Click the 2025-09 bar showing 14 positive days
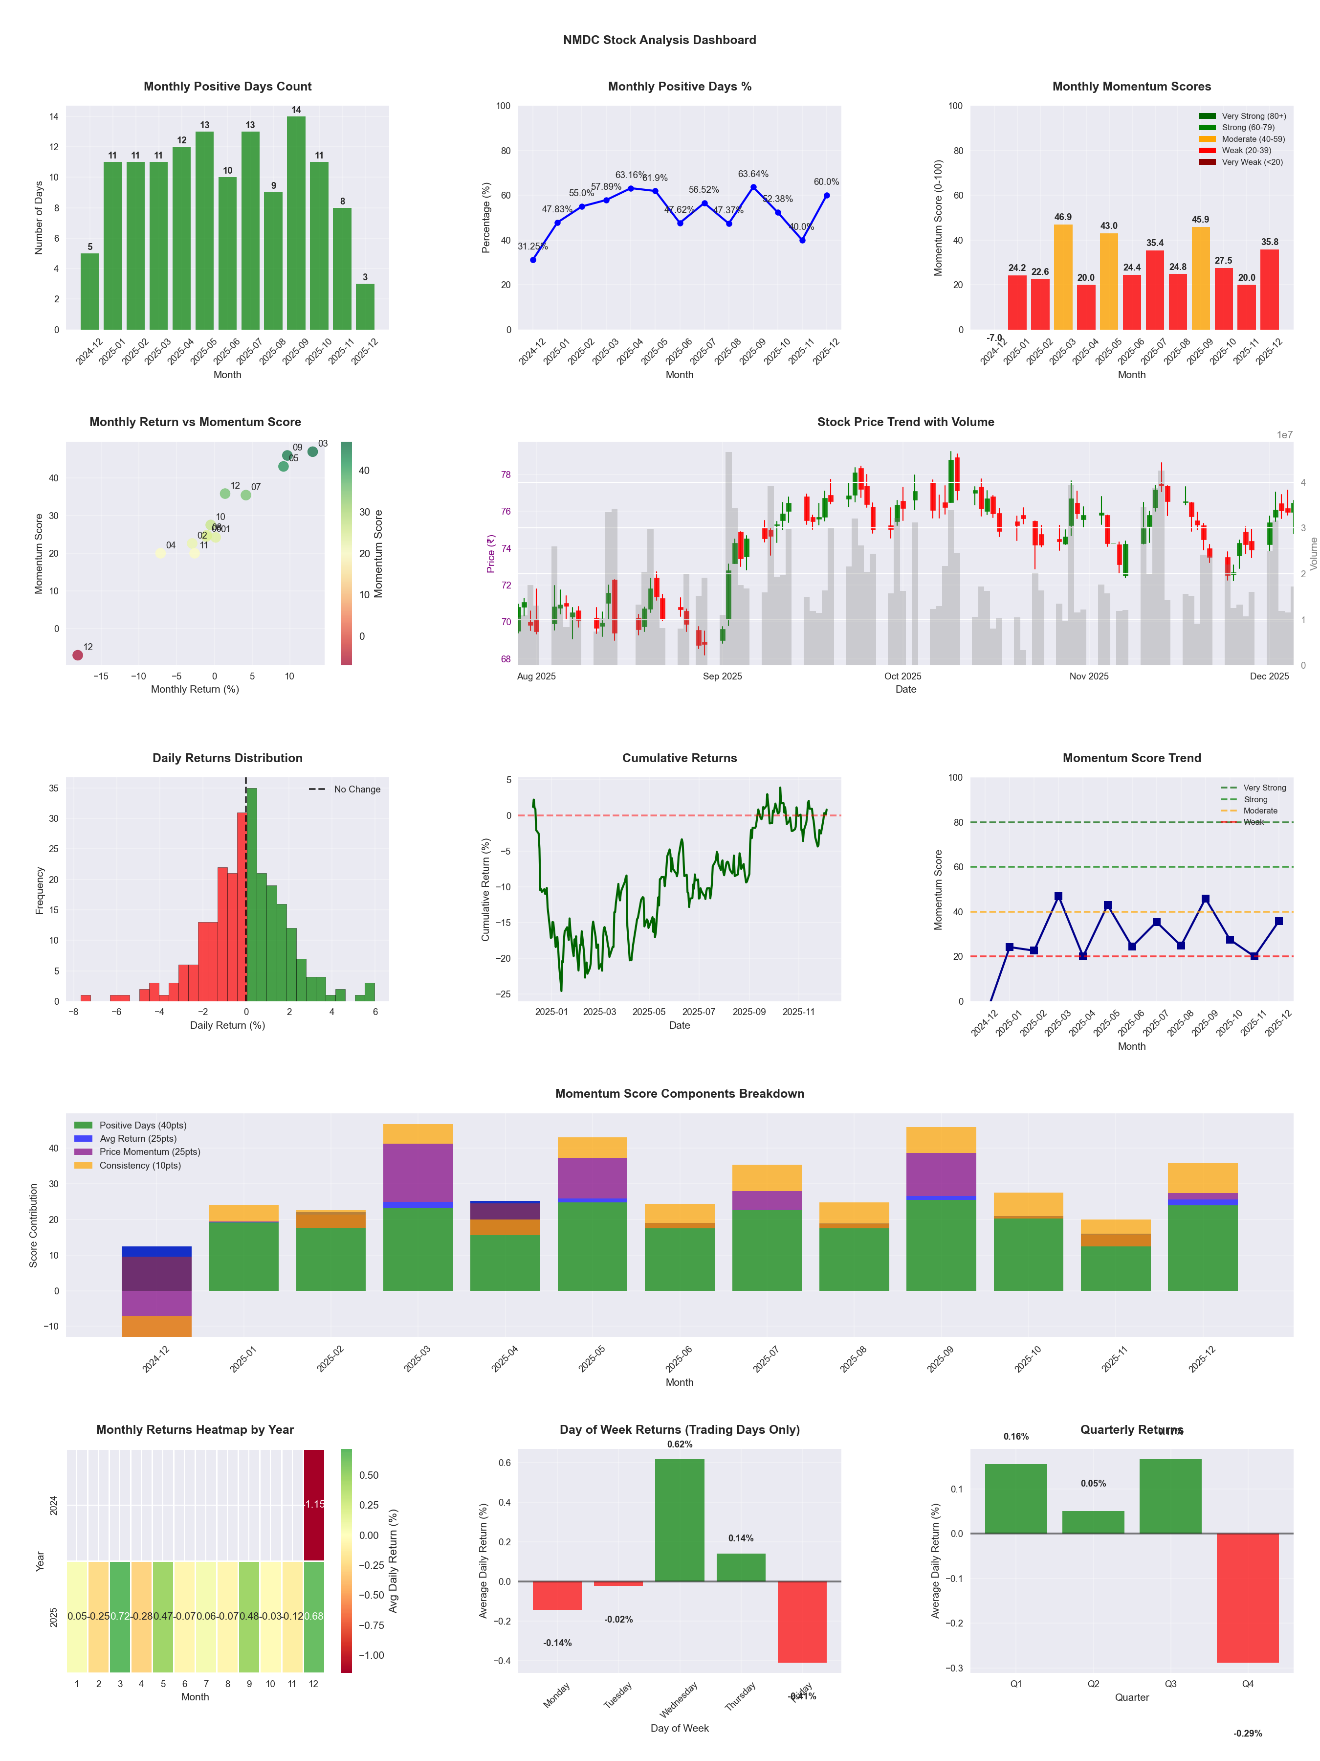(296, 223)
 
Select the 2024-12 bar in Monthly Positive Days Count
(90, 292)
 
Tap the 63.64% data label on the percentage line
(753, 174)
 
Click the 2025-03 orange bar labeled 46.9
(1063, 277)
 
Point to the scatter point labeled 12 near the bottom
(77, 655)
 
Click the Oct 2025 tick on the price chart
(902, 677)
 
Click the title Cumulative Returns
(680, 758)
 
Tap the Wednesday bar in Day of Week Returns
(680, 1520)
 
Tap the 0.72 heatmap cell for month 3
(120, 1617)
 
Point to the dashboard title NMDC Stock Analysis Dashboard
(660, 40)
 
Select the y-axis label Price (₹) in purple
(491, 553)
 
